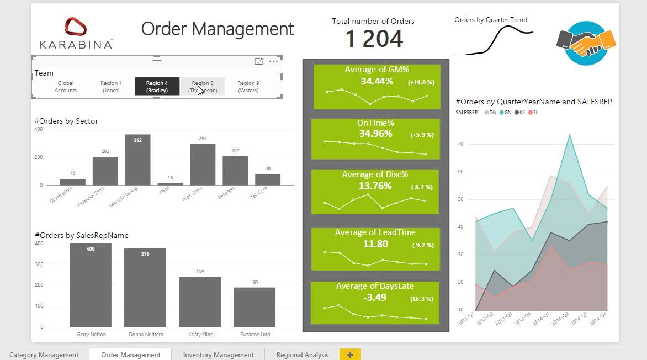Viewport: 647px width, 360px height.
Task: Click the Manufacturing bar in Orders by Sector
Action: pyautogui.click(x=137, y=160)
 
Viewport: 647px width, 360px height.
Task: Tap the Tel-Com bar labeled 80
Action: pyautogui.click(x=268, y=179)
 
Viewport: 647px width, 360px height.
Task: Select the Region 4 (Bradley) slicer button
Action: pyautogui.click(x=157, y=87)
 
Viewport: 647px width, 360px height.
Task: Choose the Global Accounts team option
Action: pyautogui.click(x=66, y=87)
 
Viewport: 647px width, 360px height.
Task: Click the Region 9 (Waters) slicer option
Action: pyautogui.click(x=248, y=87)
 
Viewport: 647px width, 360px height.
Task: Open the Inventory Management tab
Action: pyautogui.click(x=218, y=355)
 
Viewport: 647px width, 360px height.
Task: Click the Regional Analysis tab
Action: pyautogui.click(x=302, y=355)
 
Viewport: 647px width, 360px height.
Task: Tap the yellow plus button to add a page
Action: pyautogui.click(x=350, y=355)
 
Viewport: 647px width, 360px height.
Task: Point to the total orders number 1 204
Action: pyautogui.click(x=374, y=39)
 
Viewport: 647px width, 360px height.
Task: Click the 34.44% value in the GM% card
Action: pyautogui.click(x=376, y=81)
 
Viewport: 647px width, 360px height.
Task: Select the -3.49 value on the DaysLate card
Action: pyautogui.click(x=375, y=298)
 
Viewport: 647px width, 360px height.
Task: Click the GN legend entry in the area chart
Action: pyautogui.click(x=505, y=112)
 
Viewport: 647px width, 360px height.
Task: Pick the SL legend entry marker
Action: pyautogui.click(x=531, y=112)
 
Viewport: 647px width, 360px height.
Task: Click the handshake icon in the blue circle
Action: pyautogui.click(x=586, y=43)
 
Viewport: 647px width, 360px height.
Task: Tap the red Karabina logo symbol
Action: pyautogui.click(x=76, y=27)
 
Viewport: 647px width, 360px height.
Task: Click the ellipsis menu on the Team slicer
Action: pyautogui.click(x=273, y=62)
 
